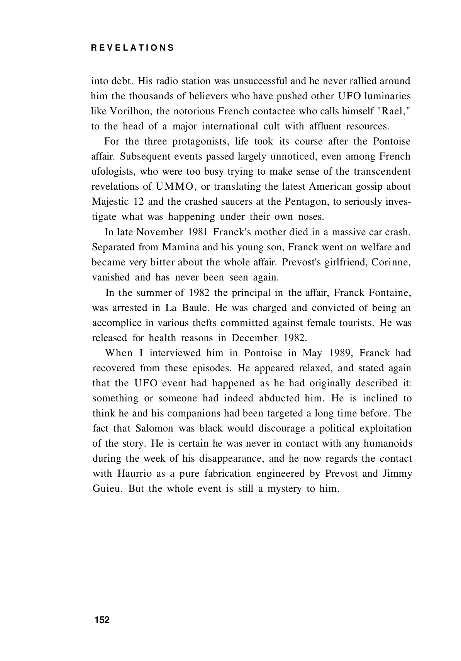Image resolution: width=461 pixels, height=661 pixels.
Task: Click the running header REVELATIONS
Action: point(132,48)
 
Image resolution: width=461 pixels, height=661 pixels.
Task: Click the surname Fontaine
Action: point(390,292)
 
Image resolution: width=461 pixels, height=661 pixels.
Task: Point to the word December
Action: point(254,338)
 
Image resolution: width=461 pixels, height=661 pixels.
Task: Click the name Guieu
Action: point(108,489)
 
